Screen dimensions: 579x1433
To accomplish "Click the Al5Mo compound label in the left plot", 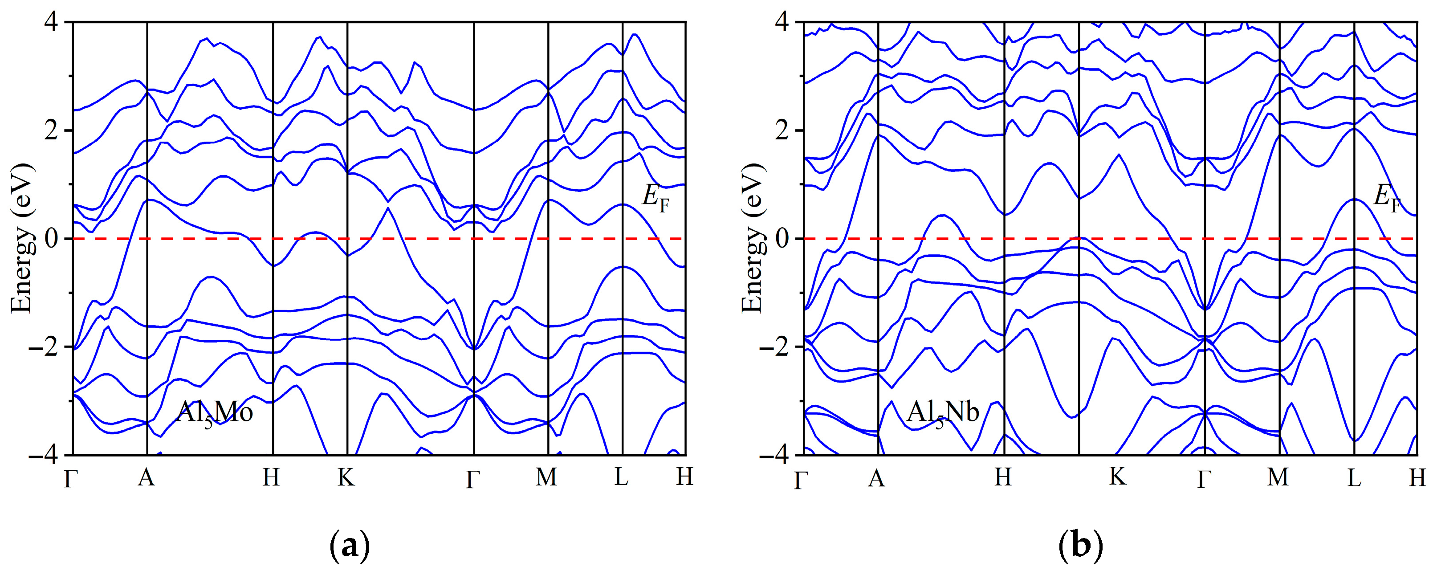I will click(215, 413).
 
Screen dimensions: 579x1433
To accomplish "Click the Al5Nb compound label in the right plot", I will click(942, 413).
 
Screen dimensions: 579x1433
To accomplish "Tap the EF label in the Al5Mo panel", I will click(655, 198).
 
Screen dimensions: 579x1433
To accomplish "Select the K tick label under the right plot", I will click(1118, 477).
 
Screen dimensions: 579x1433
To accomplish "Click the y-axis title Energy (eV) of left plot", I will click(22, 238).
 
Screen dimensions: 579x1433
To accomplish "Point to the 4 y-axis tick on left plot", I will click(56, 22).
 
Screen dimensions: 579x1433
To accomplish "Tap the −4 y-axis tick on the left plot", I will click(48, 455).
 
